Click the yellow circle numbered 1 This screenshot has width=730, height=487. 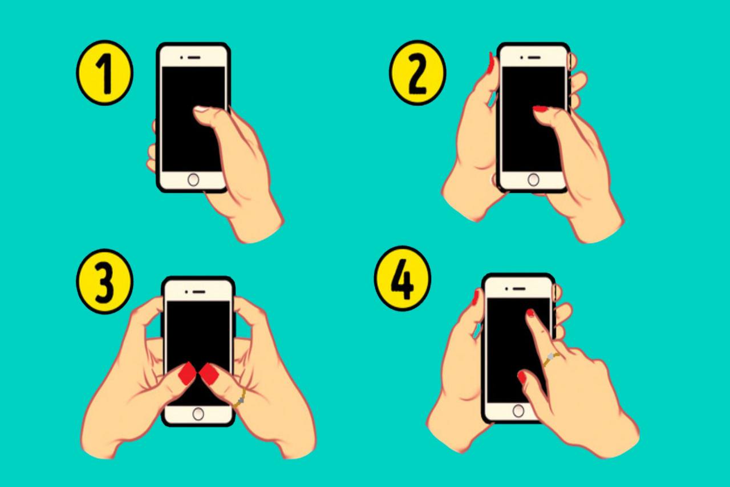coord(104,73)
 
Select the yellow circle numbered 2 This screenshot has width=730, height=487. coord(417,73)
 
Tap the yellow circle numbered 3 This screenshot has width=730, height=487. coord(104,281)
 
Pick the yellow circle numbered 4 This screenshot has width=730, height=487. coord(403,278)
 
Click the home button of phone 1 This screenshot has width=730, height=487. coord(193,180)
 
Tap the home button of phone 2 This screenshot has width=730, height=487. coord(533,180)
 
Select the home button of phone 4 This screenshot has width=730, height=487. coord(518,411)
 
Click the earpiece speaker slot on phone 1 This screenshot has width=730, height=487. coord(194,58)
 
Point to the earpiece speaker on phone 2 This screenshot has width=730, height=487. coord(534,58)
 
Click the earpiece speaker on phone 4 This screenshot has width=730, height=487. coord(519,289)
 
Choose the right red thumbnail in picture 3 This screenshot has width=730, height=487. coord(209,374)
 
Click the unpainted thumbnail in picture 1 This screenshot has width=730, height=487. coord(201,109)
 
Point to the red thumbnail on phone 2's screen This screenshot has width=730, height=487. coord(541,109)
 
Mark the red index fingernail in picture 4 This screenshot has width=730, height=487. coord(530,313)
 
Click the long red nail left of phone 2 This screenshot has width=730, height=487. coord(490,63)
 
